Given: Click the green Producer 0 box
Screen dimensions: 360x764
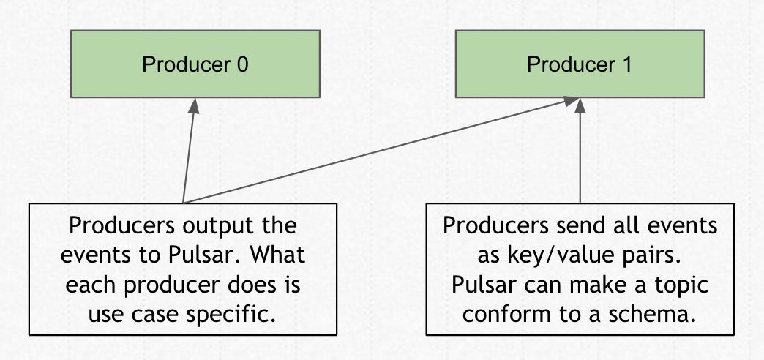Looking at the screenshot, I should click(195, 64).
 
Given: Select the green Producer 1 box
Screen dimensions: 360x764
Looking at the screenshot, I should click(580, 64).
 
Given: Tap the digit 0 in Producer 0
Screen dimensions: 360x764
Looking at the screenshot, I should click(241, 64).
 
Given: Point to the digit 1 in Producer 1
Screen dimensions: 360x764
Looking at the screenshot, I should click(626, 64).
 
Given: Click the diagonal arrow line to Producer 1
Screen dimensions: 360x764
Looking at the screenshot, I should click(381, 151).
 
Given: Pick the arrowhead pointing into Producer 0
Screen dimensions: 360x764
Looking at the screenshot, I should click(194, 105).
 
